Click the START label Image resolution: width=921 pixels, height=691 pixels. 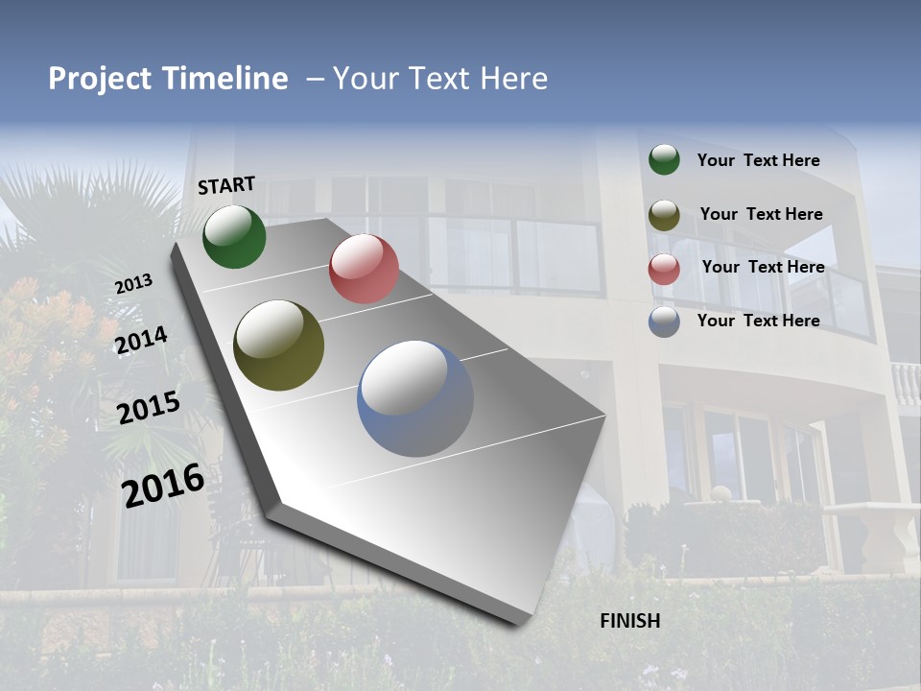click(x=226, y=185)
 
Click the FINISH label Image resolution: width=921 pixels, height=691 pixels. click(x=630, y=621)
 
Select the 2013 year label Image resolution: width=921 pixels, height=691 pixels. click(x=133, y=284)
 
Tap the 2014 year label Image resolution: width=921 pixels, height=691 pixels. click(x=141, y=340)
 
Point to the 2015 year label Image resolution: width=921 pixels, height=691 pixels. click(x=149, y=407)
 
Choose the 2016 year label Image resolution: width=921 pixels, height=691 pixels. click(x=163, y=485)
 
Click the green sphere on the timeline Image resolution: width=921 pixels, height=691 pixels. click(x=234, y=236)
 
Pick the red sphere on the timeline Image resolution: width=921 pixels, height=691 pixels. click(x=364, y=269)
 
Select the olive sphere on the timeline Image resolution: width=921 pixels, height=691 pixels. click(x=278, y=345)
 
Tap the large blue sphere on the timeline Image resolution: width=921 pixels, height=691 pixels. click(x=415, y=398)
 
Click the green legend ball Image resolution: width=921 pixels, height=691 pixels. click(x=664, y=159)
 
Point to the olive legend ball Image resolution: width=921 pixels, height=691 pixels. click(x=664, y=215)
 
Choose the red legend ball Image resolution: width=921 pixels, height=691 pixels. click(x=664, y=269)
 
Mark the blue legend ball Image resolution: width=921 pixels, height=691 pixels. click(x=664, y=322)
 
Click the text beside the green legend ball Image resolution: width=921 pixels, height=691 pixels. click(x=758, y=161)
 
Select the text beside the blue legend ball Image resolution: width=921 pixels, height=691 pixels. click(x=758, y=321)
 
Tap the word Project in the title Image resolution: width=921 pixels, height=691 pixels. click(x=101, y=80)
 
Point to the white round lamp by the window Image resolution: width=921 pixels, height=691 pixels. click(x=720, y=494)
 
